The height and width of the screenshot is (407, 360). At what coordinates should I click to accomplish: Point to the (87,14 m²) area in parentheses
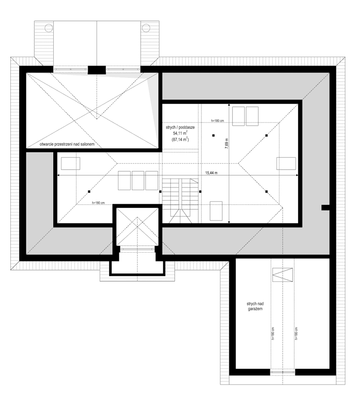(x=180, y=140)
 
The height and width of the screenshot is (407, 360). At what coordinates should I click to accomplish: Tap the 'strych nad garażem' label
(x=254, y=306)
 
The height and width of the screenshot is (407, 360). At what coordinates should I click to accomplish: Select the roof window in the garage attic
(x=283, y=274)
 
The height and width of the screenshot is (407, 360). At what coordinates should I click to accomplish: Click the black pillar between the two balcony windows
(x=97, y=69)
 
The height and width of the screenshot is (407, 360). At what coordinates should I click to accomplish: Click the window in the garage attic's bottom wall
(x=283, y=372)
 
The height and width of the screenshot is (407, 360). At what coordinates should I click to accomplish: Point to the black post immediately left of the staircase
(x=160, y=192)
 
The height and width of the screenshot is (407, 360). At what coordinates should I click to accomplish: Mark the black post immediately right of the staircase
(x=201, y=192)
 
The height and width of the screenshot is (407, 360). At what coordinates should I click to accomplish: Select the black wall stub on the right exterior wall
(x=325, y=207)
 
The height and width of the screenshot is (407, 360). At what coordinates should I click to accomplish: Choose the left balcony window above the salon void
(x=70, y=69)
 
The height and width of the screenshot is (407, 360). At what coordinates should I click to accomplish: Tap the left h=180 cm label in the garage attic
(x=273, y=333)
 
